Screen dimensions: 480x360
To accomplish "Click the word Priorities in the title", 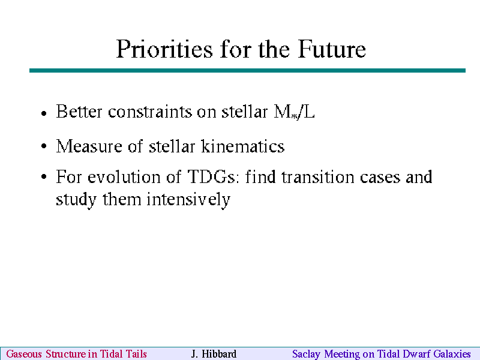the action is pyautogui.click(x=164, y=49).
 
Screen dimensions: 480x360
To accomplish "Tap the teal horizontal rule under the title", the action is pyautogui.click(x=247, y=70).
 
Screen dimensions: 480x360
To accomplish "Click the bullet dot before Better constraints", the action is pyautogui.click(x=44, y=113).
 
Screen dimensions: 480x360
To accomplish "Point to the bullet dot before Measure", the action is pyautogui.click(x=44, y=146).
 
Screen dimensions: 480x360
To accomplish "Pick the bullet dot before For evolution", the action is pyautogui.click(x=44, y=176).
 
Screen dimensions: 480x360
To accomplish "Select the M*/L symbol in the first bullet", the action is pyautogui.click(x=294, y=112).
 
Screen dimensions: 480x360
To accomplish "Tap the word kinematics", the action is pyautogui.click(x=243, y=146).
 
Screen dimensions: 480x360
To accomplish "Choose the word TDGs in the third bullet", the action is pyautogui.click(x=212, y=176).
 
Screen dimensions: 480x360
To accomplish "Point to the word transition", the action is pyautogui.click(x=318, y=177).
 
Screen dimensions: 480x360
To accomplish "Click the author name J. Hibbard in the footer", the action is pyautogui.click(x=214, y=354).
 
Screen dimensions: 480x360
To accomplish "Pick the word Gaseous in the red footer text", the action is pyautogui.click(x=24, y=354).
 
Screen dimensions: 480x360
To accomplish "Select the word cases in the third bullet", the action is pyautogui.click(x=380, y=178).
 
